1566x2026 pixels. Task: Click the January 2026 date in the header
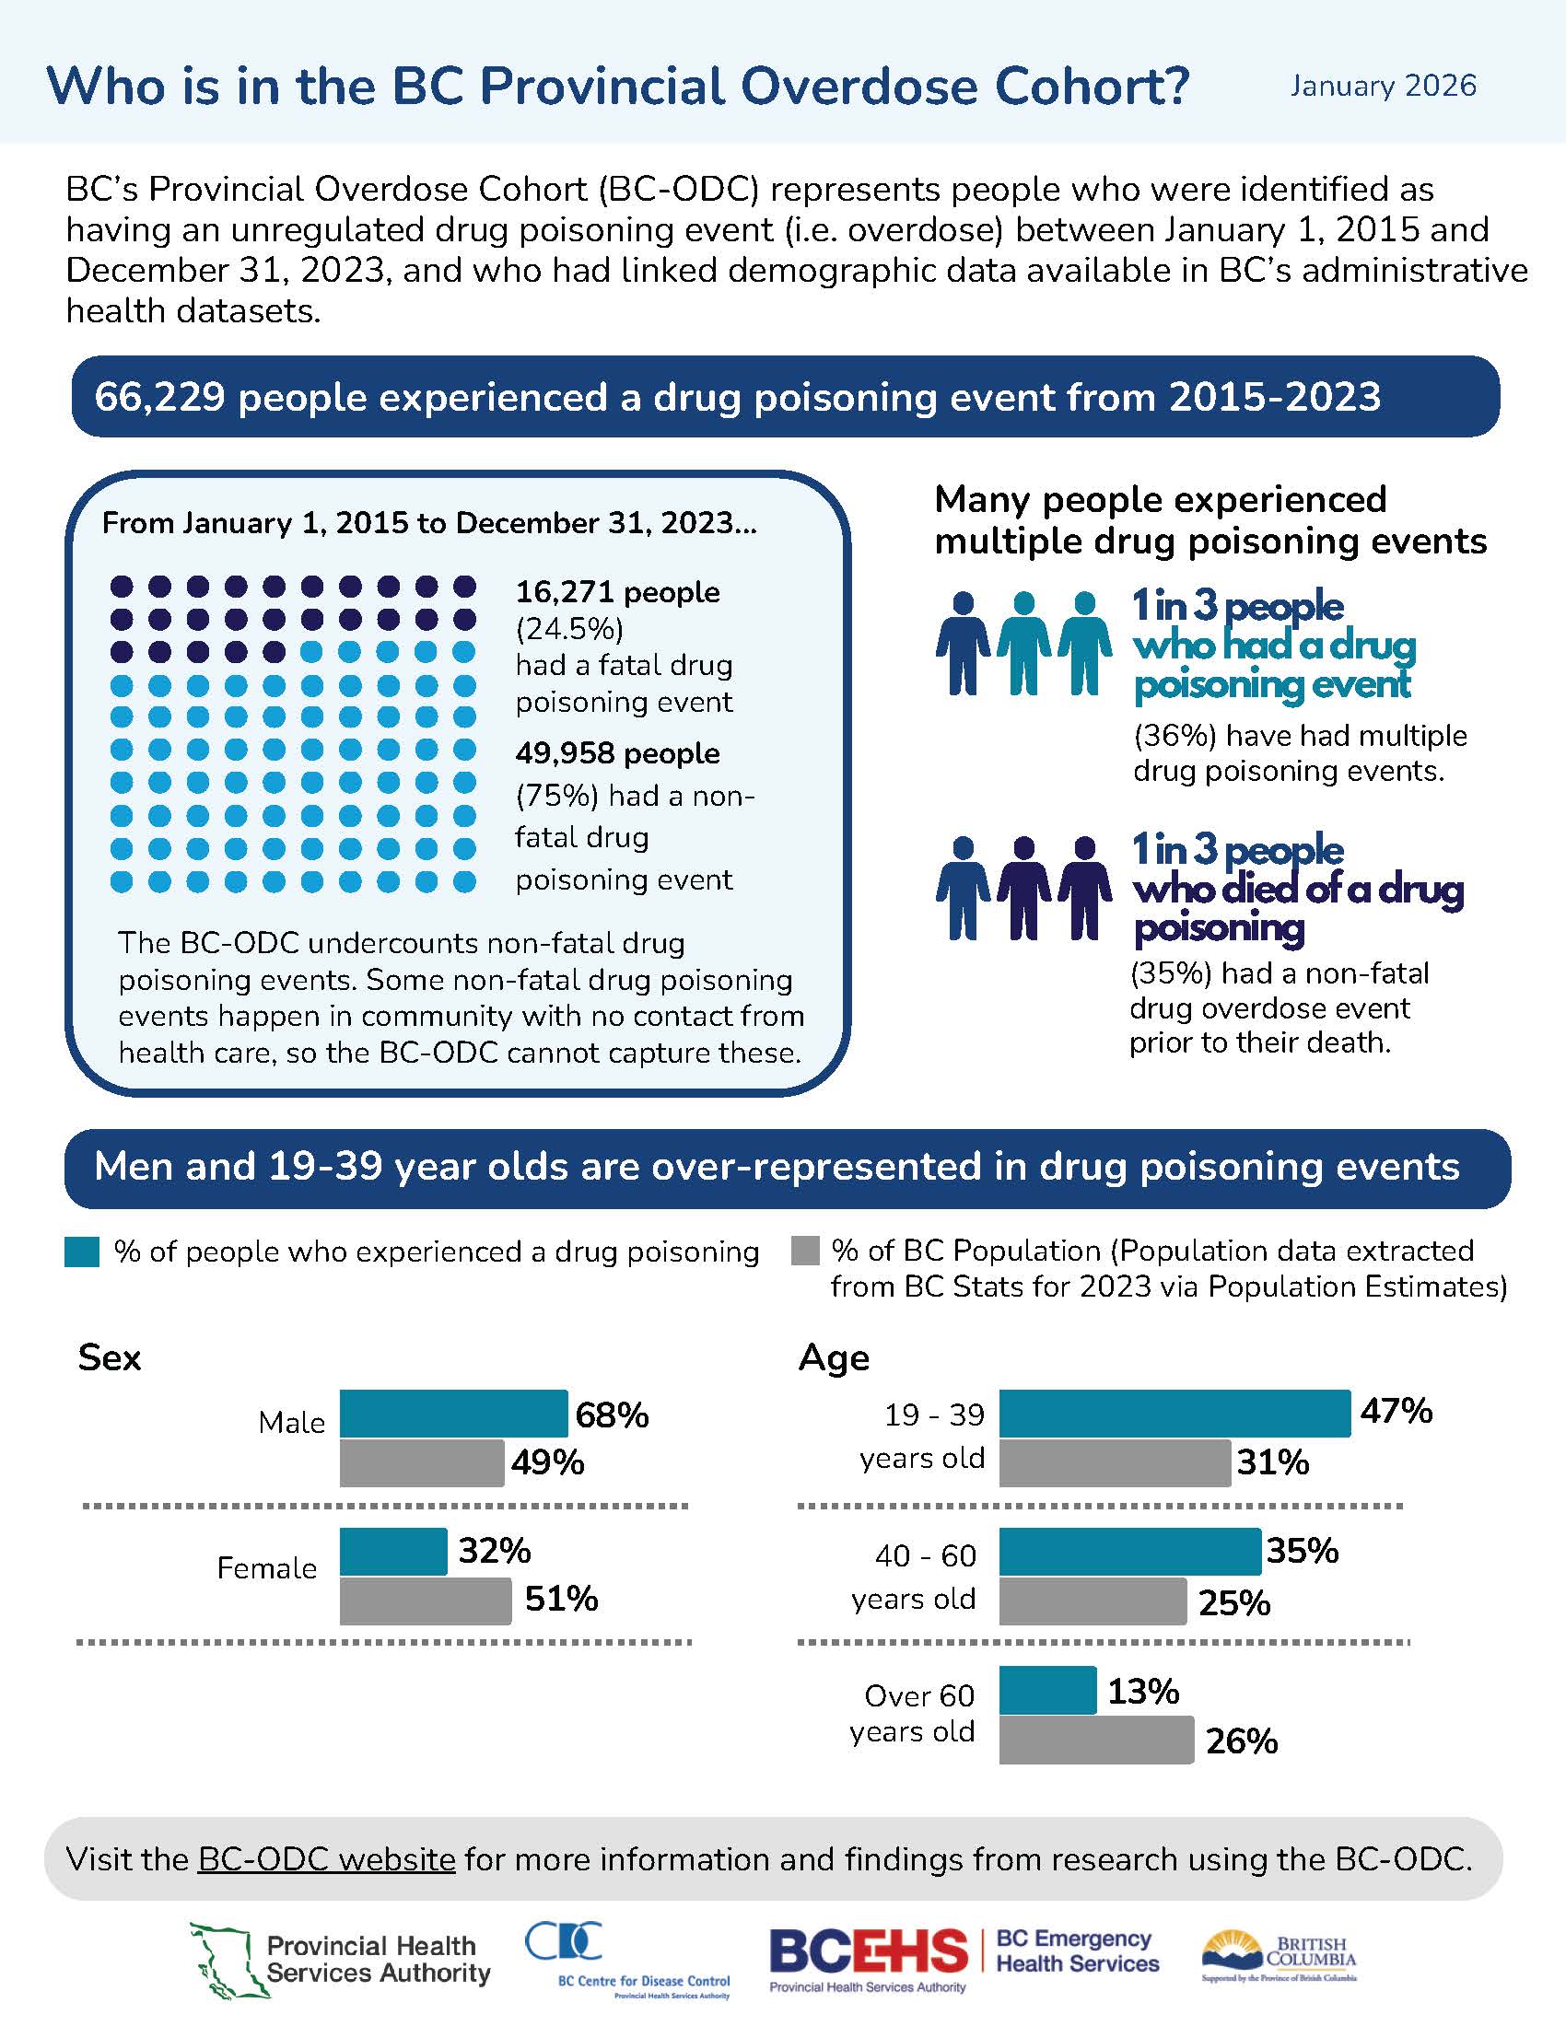coord(1383,87)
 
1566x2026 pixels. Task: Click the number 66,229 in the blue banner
coord(159,397)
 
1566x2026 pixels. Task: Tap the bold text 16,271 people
coord(617,592)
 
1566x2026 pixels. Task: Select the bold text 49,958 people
coord(617,753)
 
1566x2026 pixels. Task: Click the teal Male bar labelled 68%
coord(452,1414)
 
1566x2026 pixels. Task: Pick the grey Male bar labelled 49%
coord(421,1463)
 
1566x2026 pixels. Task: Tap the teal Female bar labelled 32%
coord(392,1551)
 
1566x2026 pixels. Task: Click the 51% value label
coord(561,1600)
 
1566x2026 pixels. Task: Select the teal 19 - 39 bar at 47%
coord(1174,1414)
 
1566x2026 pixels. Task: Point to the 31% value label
coord(1272,1463)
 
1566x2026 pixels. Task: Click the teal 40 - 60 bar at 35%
coord(1129,1551)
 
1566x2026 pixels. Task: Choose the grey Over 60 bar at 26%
coord(1095,1741)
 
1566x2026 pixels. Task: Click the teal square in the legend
coord(82,1252)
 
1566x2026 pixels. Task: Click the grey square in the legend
coord(805,1251)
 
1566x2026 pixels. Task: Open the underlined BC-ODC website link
coord(327,1859)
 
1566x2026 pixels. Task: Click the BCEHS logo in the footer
coord(868,1950)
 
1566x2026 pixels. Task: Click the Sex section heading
coord(110,1357)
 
